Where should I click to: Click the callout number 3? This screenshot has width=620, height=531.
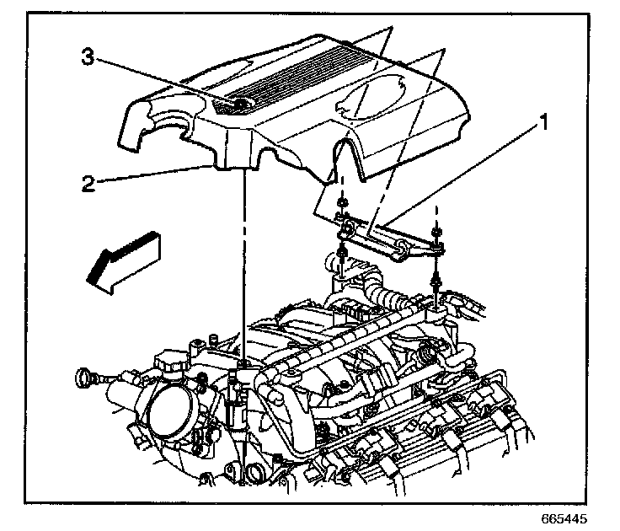(x=87, y=57)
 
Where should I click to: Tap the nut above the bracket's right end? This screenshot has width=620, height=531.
(x=435, y=232)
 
